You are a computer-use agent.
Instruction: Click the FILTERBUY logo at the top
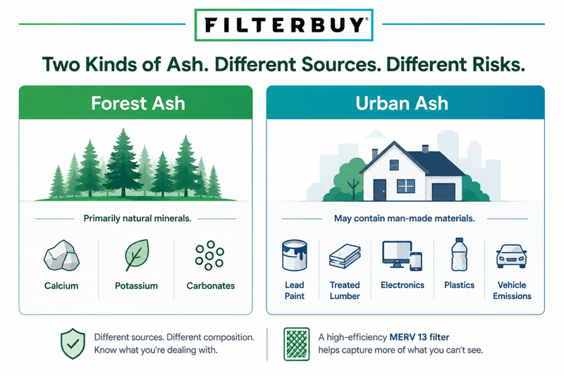click(284, 25)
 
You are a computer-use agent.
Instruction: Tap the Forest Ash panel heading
click(138, 103)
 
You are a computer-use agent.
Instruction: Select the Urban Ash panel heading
click(402, 103)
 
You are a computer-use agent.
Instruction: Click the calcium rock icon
click(61, 255)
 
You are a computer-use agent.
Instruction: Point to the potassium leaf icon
click(137, 255)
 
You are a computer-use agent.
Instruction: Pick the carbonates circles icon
click(209, 255)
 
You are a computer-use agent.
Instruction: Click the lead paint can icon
click(294, 255)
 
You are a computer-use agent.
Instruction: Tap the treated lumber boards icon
click(345, 256)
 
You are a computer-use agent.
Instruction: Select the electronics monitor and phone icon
click(402, 255)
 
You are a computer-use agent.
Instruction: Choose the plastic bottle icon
click(459, 255)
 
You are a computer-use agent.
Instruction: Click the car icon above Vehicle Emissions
click(512, 256)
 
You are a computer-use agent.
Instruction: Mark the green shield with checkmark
click(73, 344)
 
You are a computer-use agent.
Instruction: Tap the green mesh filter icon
click(296, 344)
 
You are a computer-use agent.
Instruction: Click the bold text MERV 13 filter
click(419, 337)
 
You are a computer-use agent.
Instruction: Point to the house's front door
click(379, 190)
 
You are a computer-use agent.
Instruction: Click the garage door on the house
click(443, 192)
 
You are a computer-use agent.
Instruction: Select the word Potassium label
click(136, 286)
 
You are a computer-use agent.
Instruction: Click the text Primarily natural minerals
click(137, 219)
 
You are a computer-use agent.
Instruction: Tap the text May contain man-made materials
click(404, 219)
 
